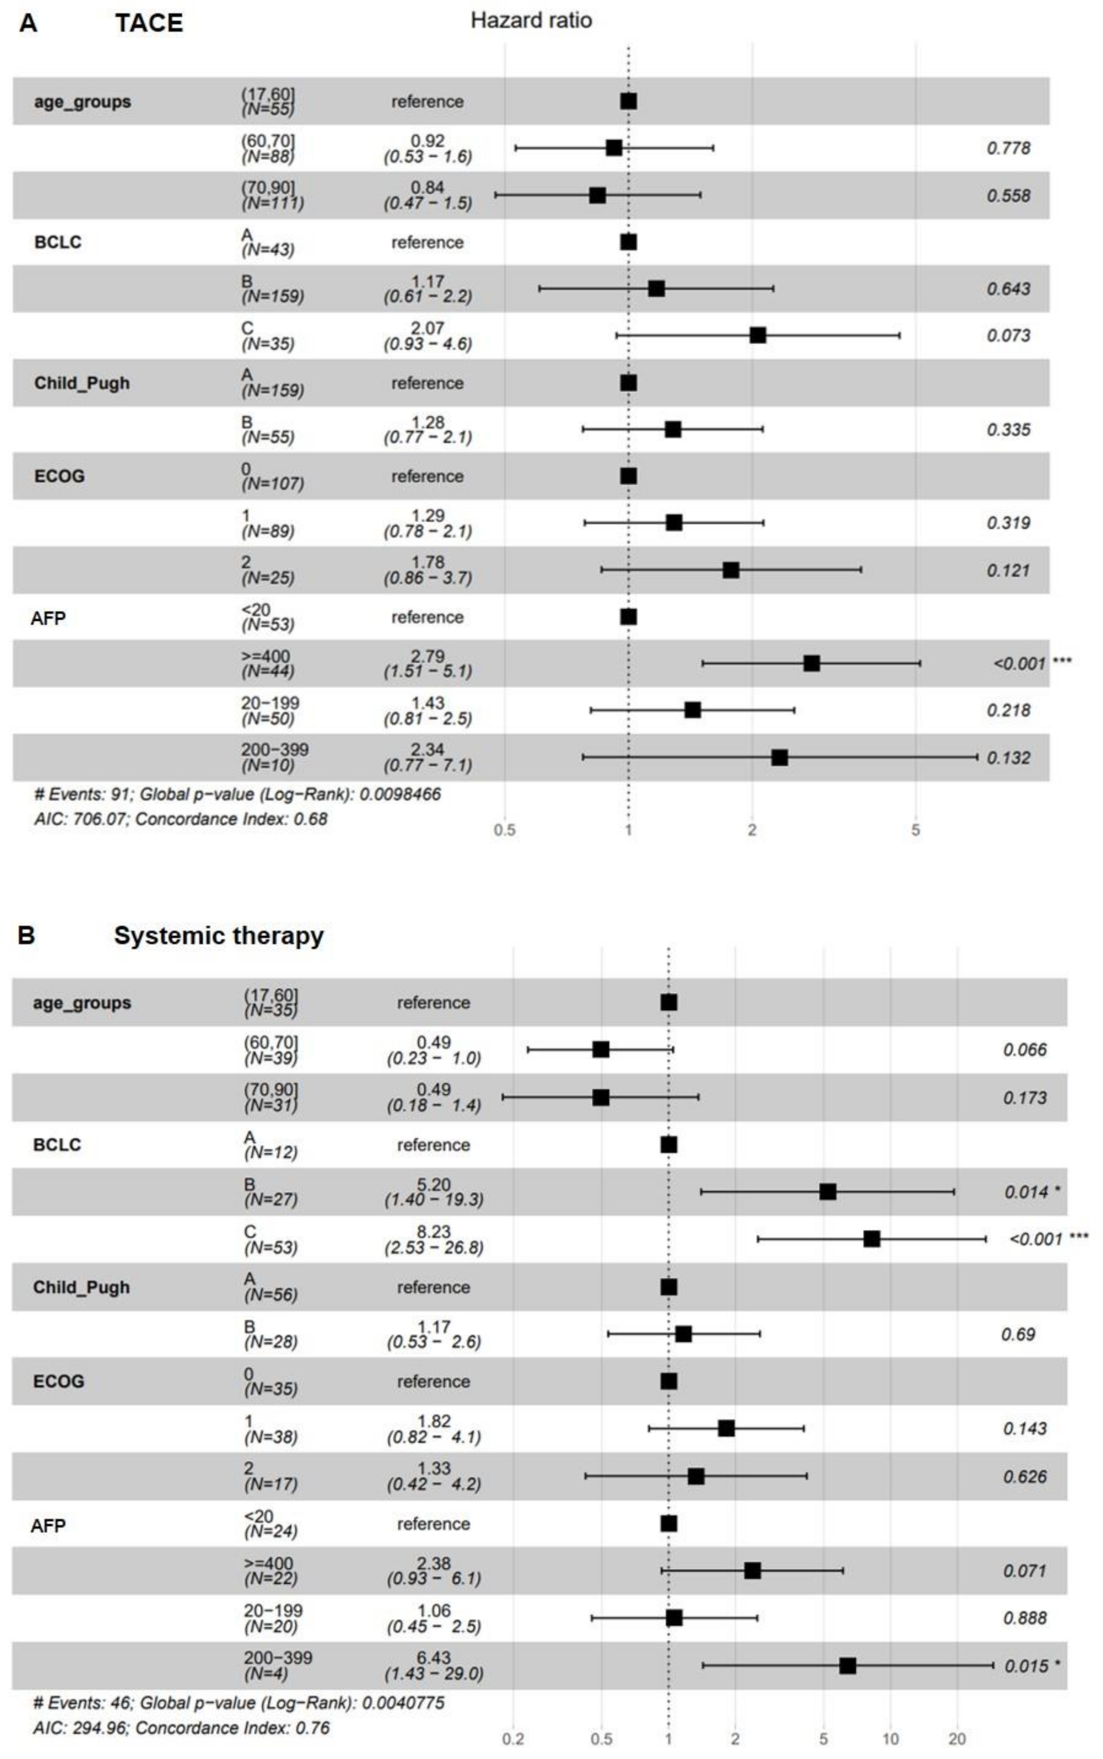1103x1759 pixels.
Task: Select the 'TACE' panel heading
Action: pos(149,23)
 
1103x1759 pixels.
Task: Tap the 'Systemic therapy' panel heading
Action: pos(218,936)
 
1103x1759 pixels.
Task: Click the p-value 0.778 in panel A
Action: pos(1008,148)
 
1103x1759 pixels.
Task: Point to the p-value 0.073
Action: pos(1008,336)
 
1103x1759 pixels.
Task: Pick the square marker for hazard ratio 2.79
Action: pos(811,663)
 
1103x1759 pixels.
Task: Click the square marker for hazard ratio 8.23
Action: pos(871,1239)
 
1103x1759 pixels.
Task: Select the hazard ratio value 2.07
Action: pos(427,328)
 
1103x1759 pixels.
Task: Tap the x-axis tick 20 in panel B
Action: pos(956,1739)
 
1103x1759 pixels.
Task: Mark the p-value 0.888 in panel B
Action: pos(1024,1618)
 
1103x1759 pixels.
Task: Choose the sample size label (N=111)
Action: pos(272,203)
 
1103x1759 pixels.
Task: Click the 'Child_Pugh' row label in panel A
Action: pos(82,383)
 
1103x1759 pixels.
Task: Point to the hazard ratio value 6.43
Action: pos(433,1658)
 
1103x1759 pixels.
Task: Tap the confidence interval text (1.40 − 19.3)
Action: pos(433,1199)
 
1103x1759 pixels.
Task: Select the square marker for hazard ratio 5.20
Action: pos(827,1192)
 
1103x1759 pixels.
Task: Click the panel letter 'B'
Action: pos(26,936)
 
